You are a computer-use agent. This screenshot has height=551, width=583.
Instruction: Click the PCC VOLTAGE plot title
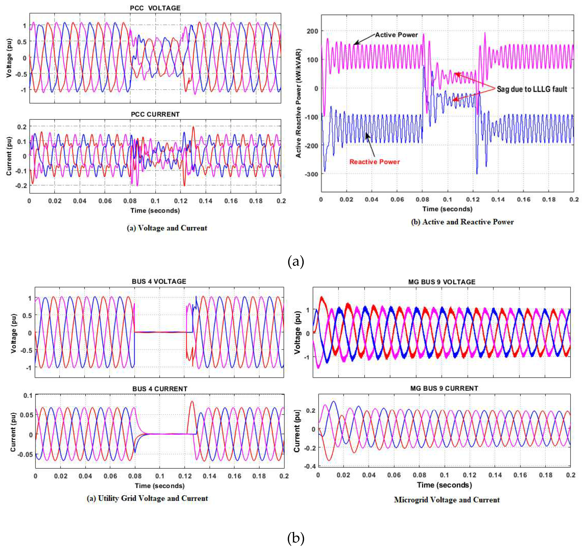click(155, 8)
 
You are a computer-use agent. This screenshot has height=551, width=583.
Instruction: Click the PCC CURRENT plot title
click(155, 114)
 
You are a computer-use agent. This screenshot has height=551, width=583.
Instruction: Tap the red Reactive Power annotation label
click(374, 162)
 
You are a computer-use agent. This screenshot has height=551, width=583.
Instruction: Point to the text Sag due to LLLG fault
click(531, 89)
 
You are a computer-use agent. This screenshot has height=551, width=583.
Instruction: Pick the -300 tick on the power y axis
click(311, 174)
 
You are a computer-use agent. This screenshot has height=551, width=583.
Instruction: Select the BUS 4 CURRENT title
click(160, 389)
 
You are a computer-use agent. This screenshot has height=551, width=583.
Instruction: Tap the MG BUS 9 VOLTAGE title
click(442, 282)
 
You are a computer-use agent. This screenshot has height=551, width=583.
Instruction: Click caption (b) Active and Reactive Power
click(462, 222)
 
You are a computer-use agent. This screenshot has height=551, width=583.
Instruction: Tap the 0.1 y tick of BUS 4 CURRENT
click(28, 396)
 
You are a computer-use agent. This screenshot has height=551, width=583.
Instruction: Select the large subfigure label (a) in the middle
click(296, 261)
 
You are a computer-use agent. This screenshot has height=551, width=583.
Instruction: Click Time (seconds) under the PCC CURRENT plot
click(155, 211)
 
